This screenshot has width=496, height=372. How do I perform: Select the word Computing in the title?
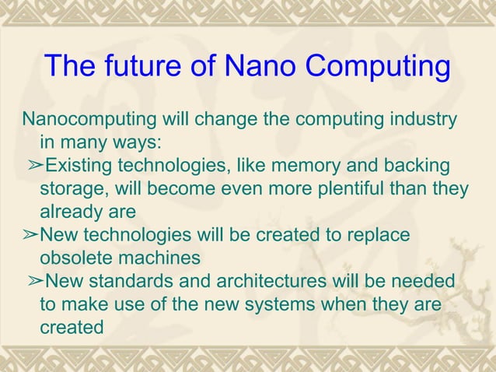[381, 68]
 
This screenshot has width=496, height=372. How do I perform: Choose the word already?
[71, 212]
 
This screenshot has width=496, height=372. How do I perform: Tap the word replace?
[379, 235]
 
